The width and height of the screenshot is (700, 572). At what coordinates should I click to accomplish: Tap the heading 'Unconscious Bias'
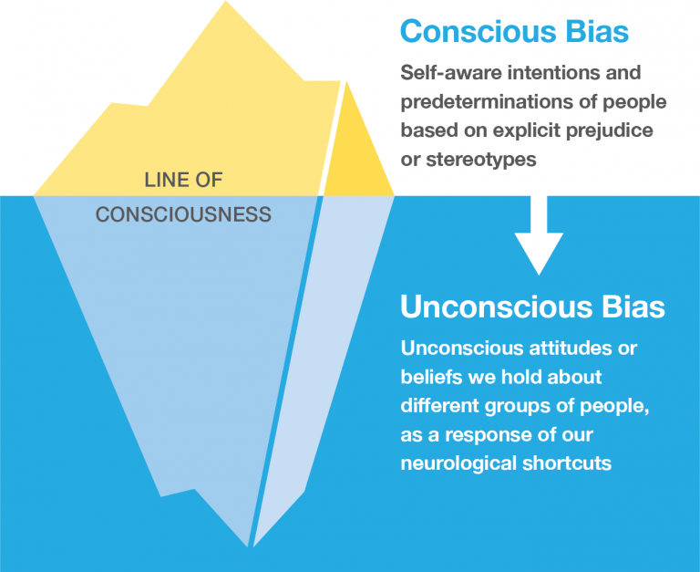tap(532, 307)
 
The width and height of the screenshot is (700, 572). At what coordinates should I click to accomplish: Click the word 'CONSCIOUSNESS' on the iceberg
tap(183, 215)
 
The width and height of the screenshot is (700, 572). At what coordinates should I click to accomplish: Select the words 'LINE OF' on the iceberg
tap(183, 179)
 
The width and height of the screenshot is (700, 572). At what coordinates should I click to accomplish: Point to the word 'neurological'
tap(453, 463)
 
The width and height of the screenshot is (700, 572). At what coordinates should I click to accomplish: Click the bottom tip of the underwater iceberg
tap(249, 546)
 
